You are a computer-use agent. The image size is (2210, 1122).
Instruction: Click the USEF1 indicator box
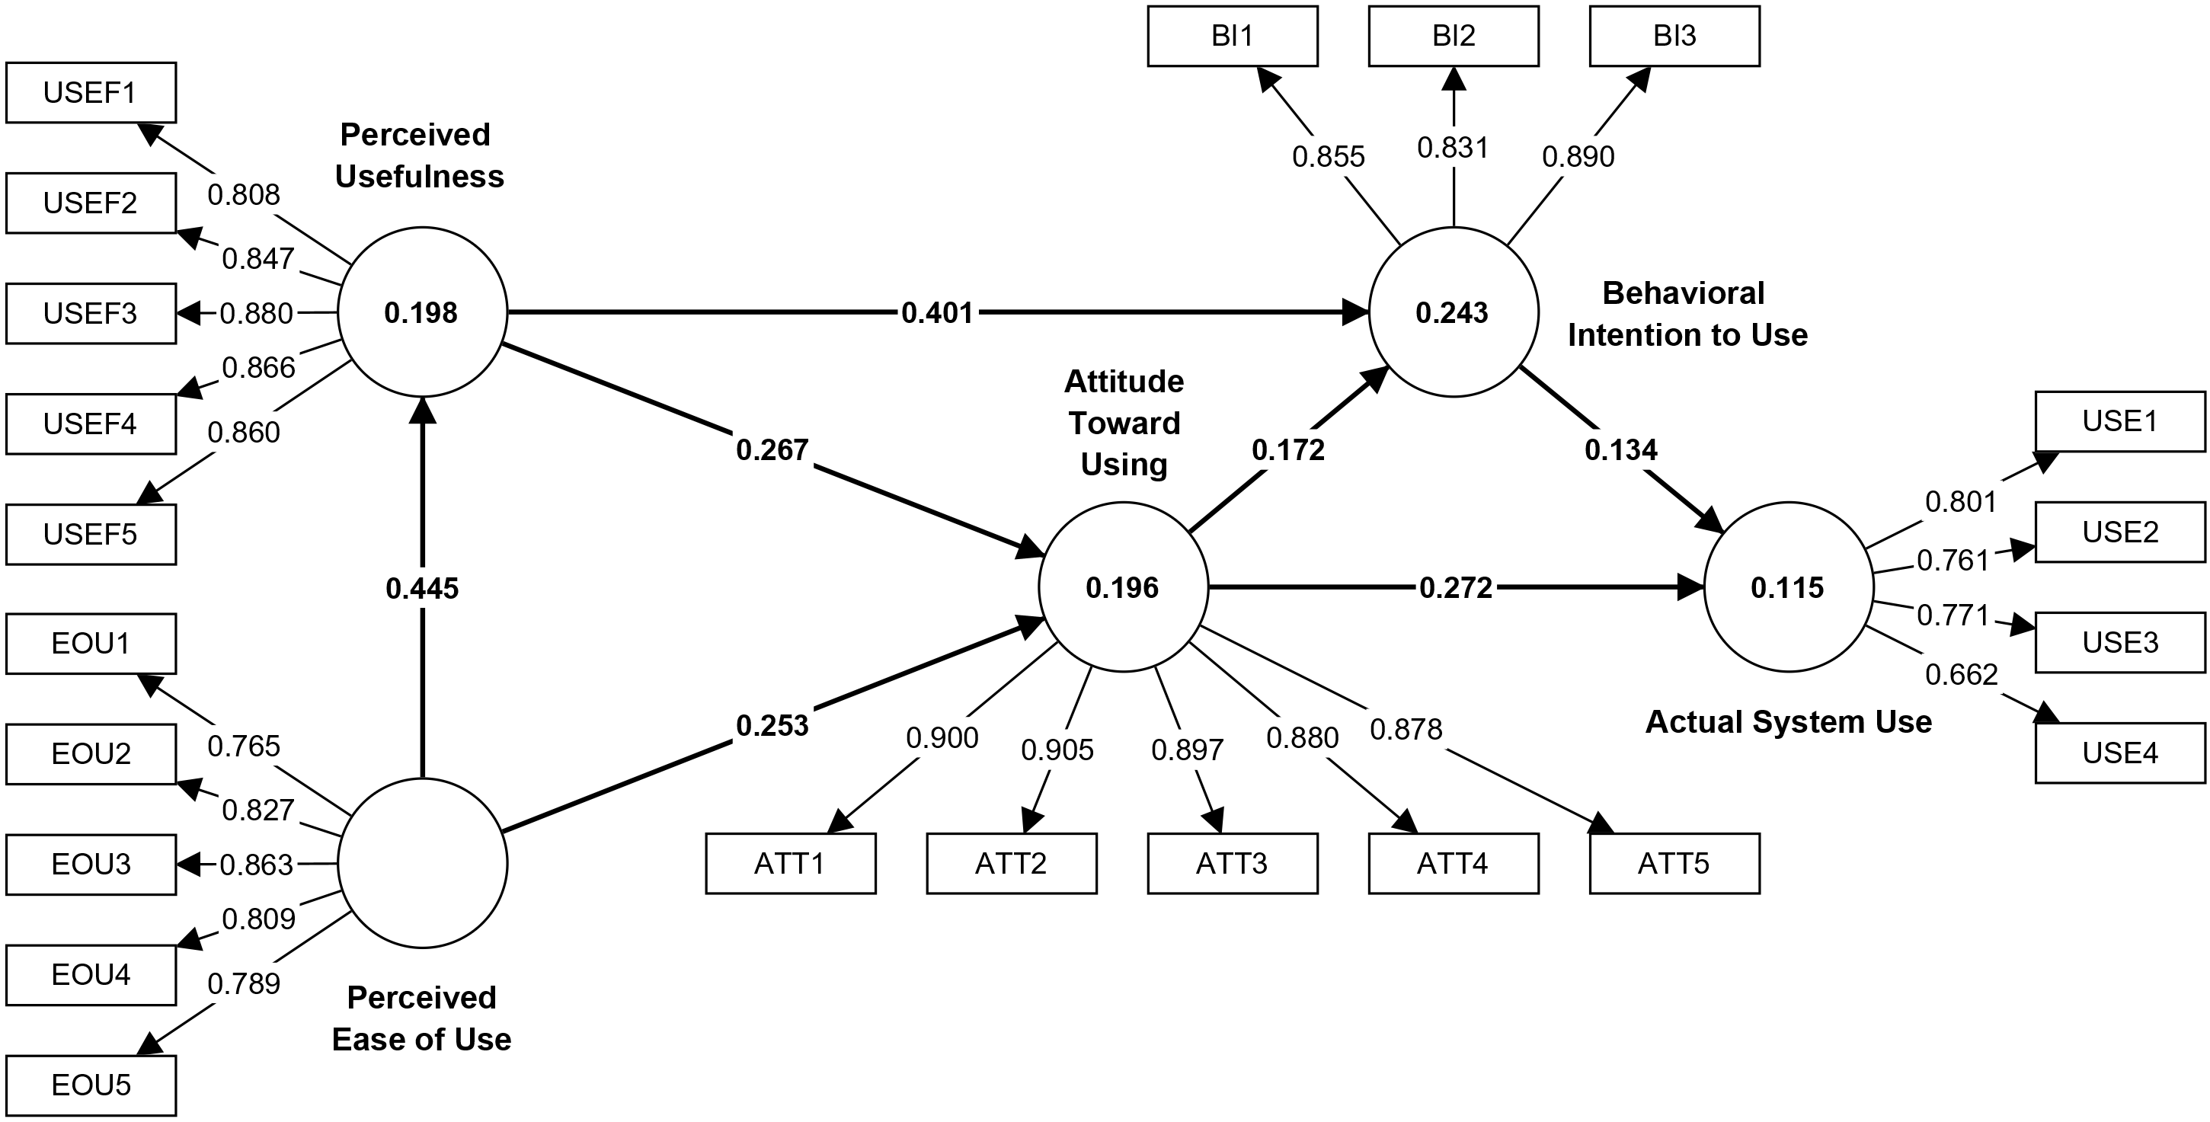click(x=91, y=93)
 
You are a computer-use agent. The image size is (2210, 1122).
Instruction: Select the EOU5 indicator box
click(x=91, y=1085)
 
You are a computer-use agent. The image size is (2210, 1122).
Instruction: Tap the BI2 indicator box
click(x=1454, y=36)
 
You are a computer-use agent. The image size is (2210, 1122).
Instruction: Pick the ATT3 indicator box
click(x=1232, y=863)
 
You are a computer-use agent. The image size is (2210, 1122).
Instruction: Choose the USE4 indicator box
click(x=2120, y=753)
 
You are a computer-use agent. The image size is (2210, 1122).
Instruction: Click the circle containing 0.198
click(x=422, y=312)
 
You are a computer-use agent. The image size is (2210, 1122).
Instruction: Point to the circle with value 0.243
click(x=1453, y=312)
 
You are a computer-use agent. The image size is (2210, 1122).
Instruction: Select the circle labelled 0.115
click(x=1788, y=587)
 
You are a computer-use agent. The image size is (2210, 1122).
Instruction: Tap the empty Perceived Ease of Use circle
click(x=422, y=863)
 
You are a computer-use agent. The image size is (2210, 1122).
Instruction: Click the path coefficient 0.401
click(x=937, y=313)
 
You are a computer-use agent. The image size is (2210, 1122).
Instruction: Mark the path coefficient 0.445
click(x=422, y=589)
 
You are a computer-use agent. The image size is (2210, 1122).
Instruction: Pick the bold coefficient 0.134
click(x=1620, y=449)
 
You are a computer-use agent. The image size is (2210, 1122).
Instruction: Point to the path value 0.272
click(x=1456, y=587)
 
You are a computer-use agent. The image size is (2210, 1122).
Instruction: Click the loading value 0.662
click(x=1961, y=675)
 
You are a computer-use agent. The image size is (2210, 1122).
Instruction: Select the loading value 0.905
click(x=1057, y=750)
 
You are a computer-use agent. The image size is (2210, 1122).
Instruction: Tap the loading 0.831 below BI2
click(x=1453, y=149)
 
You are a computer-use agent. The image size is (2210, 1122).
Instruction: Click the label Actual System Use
click(x=1789, y=722)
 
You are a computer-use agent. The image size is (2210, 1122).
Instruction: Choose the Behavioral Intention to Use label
click(x=1687, y=314)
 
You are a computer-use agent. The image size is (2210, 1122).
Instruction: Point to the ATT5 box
click(x=1674, y=863)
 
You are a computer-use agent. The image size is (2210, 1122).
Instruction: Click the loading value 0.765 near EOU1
click(x=244, y=746)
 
